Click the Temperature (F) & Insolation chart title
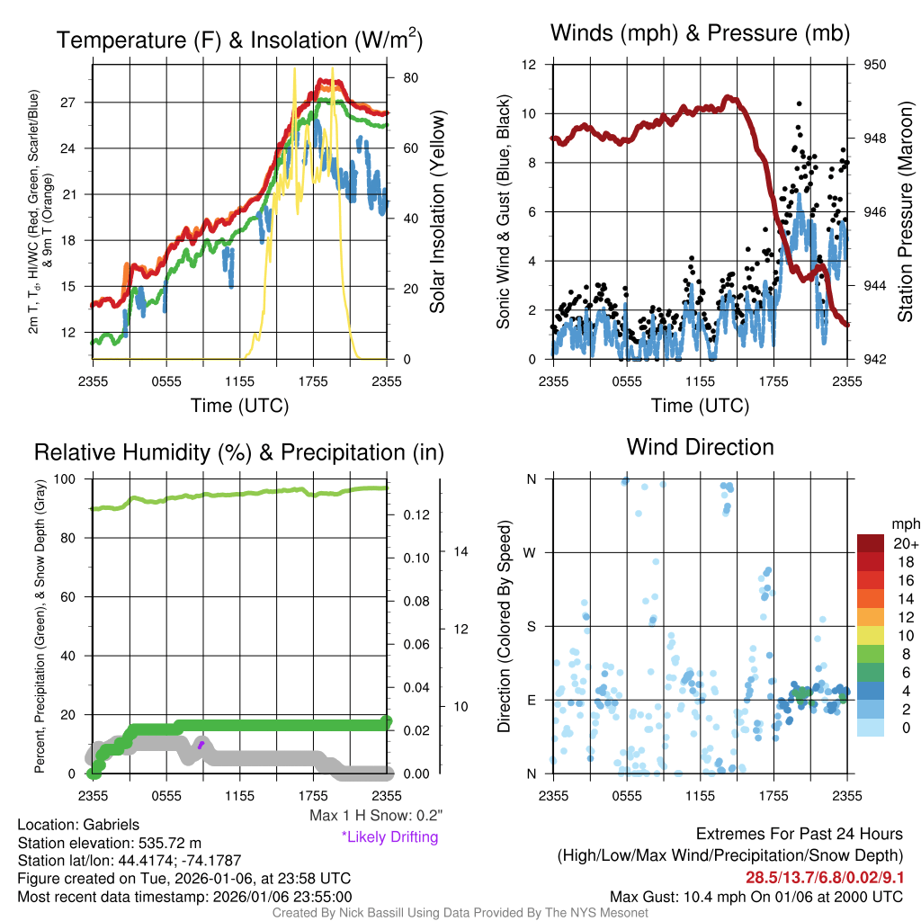[x=239, y=40]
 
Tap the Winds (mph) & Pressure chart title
[x=700, y=34]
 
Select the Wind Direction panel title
[x=700, y=447]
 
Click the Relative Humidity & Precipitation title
[x=238, y=452]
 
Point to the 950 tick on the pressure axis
[x=875, y=65]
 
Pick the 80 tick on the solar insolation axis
[x=408, y=78]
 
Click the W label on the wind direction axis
[x=531, y=552]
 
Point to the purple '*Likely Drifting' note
[x=389, y=837]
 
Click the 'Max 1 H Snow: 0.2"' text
[x=376, y=817]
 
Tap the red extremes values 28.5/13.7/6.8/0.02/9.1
[x=825, y=877]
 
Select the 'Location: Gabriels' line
[x=78, y=825]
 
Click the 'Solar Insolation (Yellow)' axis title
[x=438, y=211]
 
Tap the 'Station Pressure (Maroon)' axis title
[x=906, y=211]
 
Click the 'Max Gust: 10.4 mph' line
[x=756, y=897]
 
